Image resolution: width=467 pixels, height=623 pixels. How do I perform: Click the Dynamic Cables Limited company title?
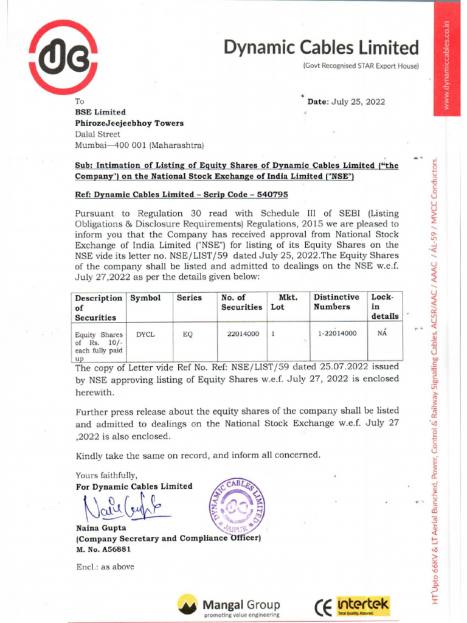point(321,47)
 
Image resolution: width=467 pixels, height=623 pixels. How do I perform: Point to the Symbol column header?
point(145,298)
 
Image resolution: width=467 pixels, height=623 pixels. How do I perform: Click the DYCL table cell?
point(145,334)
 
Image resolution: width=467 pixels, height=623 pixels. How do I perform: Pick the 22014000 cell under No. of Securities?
point(243,333)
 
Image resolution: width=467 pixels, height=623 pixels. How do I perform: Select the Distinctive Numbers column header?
point(336,302)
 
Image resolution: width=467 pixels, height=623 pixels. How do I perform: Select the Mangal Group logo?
point(229,606)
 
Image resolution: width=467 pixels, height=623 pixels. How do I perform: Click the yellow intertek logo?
point(362,605)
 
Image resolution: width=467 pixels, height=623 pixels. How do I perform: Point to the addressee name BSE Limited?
point(100,112)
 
